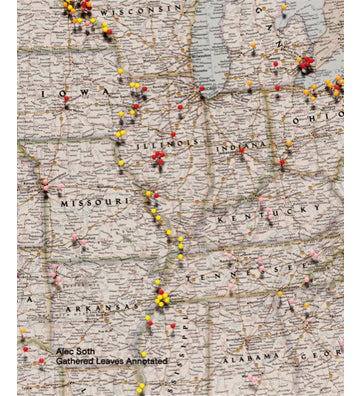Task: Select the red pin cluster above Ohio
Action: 305,63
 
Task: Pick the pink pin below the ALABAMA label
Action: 254,379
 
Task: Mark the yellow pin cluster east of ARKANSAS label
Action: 160,297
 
